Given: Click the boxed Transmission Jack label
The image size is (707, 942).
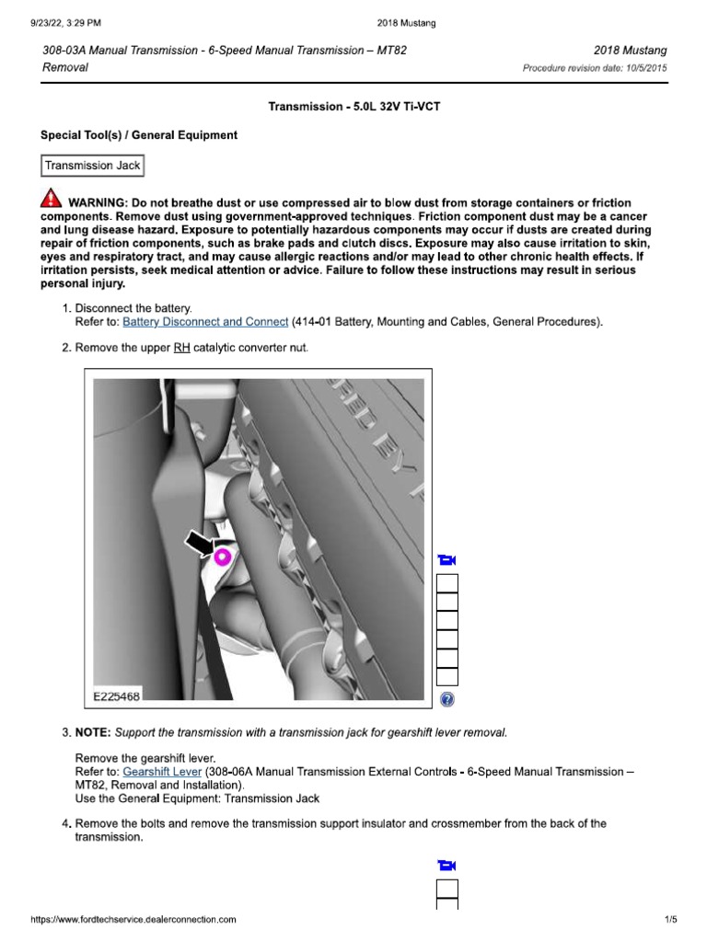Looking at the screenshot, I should click(x=92, y=167).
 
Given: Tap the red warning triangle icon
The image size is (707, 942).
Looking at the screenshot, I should click(x=52, y=200).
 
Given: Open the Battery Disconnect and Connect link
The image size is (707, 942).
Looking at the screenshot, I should click(x=205, y=322).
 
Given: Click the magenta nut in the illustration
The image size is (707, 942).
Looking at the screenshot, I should click(x=221, y=556).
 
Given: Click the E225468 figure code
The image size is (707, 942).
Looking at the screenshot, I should click(x=117, y=697).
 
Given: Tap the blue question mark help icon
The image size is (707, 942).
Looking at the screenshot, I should click(x=447, y=700).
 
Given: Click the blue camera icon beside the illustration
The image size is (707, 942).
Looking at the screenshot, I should click(x=447, y=560).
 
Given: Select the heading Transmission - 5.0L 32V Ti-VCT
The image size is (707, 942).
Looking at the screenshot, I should click(x=353, y=107).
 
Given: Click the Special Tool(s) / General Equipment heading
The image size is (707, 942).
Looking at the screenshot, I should click(x=139, y=135).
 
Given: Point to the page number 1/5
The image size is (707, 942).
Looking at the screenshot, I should click(x=670, y=919).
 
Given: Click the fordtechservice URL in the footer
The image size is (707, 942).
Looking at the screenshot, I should click(x=133, y=919).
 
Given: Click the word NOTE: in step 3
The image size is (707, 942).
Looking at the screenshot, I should click(x=94, y=732).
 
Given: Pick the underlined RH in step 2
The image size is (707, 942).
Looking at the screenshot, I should click(x=181, y=348).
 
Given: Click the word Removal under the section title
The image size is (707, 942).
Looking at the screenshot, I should click(x=65, y=68).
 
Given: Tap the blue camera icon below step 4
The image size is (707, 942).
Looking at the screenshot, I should click(x=447, y=865).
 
